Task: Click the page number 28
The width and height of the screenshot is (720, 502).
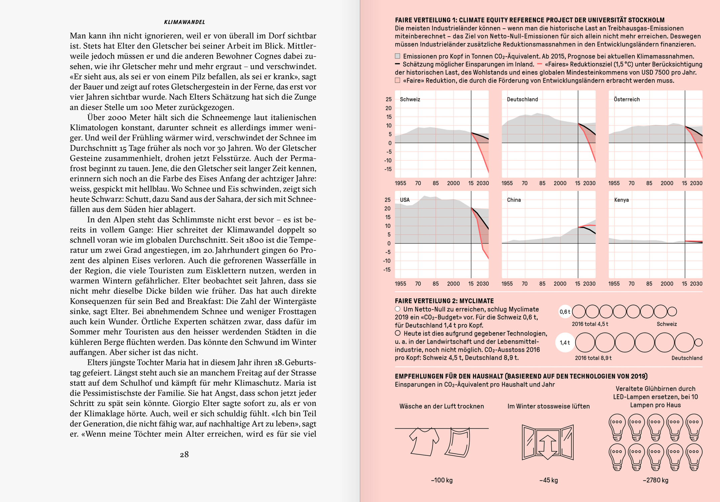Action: pos(184,454)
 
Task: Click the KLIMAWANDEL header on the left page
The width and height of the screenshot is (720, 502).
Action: pos(184,22)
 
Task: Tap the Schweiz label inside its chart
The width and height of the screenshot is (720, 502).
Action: pos(410,99)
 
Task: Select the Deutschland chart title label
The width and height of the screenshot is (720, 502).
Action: pos(522,99)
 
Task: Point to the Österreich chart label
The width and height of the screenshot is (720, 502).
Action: pos(627,99)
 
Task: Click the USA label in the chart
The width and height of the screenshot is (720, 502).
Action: pos(404,200)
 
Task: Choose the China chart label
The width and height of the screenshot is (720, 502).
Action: pos(514,200)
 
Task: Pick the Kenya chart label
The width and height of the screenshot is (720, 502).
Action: pos(621,200)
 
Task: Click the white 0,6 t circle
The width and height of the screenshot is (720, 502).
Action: pos(565,312)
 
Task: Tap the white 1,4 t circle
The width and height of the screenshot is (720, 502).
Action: pos(565,342)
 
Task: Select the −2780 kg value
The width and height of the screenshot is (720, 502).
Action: pos(655,480)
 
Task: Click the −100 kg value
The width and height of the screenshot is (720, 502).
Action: pos(442,480)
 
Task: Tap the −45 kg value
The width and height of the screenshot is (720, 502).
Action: pos(548,480)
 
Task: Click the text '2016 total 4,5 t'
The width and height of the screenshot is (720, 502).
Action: pos(590,324)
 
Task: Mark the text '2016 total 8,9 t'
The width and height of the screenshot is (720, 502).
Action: pos(593,358)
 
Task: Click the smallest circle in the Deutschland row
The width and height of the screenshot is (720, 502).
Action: pos(698,342)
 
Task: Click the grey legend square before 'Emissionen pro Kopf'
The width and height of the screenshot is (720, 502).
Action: pos(397,56)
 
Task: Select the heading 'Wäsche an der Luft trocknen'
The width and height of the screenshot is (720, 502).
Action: pos(442,406)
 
